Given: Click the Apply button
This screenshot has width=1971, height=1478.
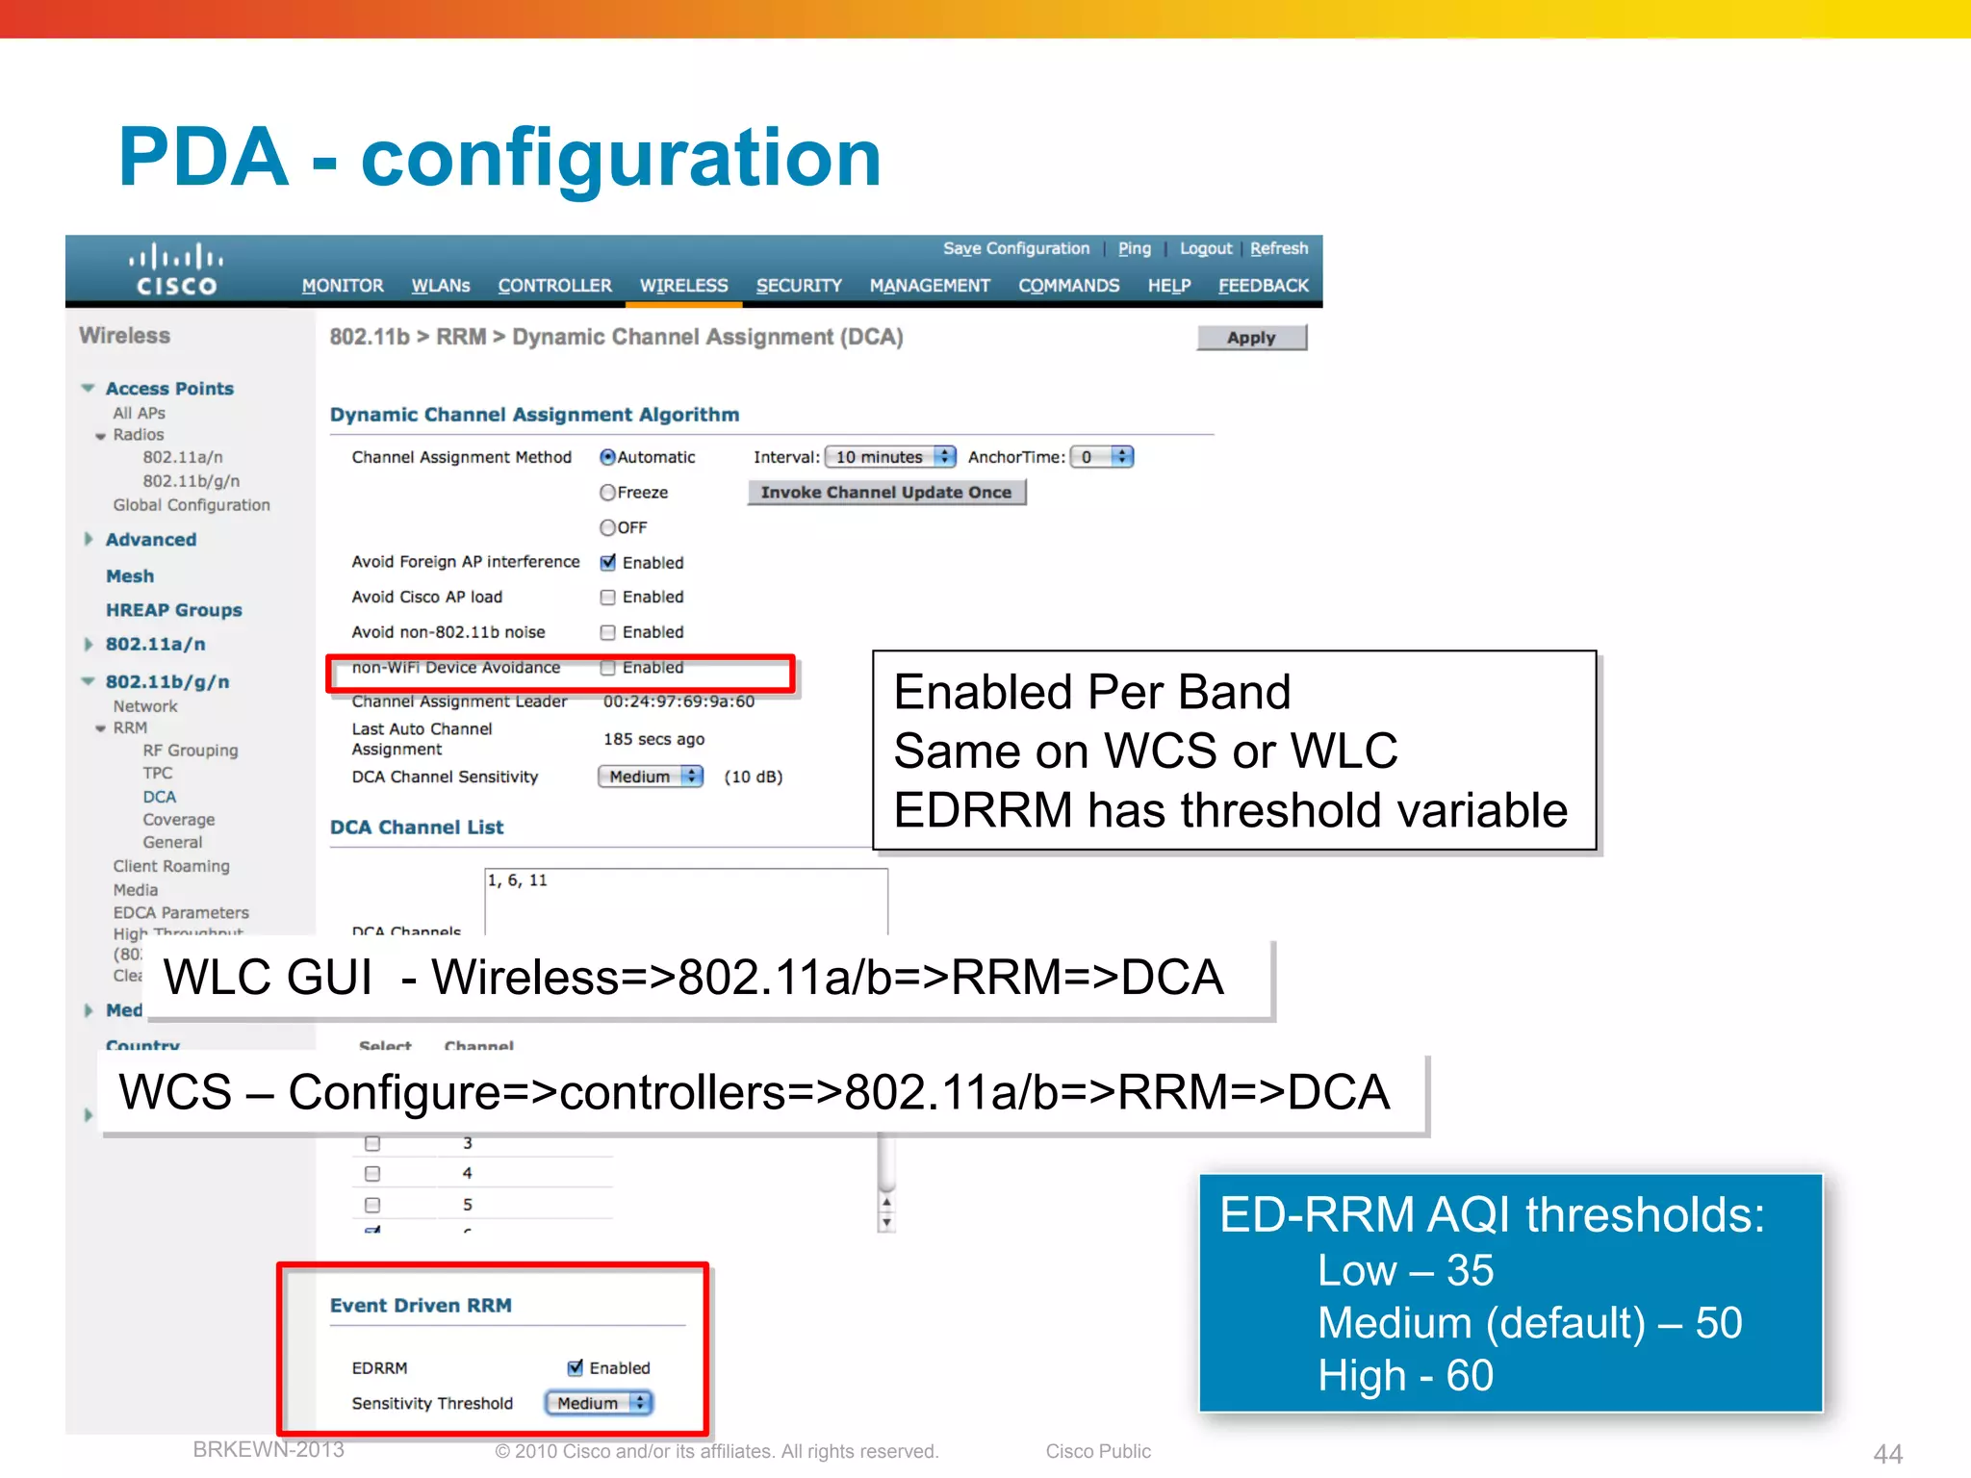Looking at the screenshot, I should pos(1251,338).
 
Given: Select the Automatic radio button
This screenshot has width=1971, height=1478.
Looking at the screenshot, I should pos(608,457).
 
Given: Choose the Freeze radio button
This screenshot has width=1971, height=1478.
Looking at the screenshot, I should pos(608,493).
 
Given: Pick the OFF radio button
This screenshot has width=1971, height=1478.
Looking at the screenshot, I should pos(608,527).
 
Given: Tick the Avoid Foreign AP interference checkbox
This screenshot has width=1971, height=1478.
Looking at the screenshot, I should pos(608,563).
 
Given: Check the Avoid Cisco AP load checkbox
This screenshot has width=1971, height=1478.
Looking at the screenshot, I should pos(608,598).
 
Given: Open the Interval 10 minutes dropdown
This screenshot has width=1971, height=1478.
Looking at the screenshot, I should pos(890,457).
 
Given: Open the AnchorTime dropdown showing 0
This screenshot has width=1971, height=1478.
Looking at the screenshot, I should pos(1102,457).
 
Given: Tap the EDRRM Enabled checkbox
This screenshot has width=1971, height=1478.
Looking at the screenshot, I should pos(576,1367).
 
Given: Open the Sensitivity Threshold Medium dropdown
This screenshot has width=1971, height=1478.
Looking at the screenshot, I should pos(600,1403).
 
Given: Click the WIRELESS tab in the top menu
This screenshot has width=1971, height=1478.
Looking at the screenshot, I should pos(683,286).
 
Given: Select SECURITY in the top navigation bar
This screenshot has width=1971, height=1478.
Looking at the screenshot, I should pos(799,286).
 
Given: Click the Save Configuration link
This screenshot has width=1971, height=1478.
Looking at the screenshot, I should pos(1016,248).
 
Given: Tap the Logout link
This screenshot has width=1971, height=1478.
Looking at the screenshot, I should pos(1206,248).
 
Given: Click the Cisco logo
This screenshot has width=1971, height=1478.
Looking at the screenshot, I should pos(176,269).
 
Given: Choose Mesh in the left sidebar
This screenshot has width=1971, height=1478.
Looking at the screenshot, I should pos(130,576).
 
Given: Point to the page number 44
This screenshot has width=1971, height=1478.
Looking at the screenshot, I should pos(1887,1453).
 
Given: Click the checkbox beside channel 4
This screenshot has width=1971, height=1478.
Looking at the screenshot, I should pos(372,1174).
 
